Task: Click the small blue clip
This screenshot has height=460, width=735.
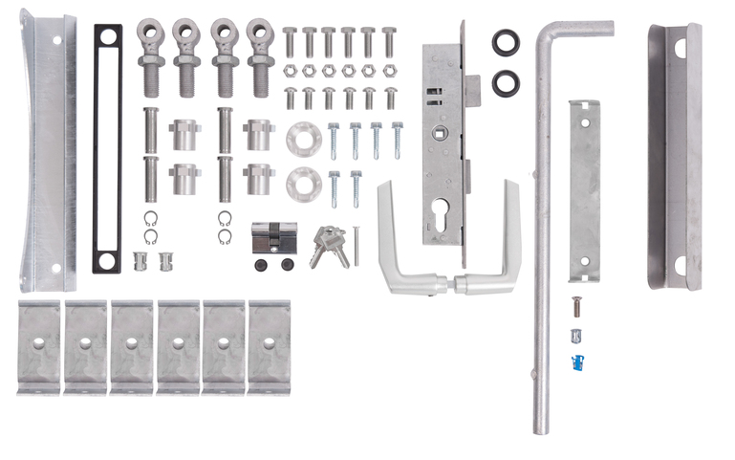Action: [x=576, y=361]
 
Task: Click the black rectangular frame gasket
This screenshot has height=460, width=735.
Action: [x=108, y=148]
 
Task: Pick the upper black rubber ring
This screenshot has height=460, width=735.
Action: [x=505, y=42]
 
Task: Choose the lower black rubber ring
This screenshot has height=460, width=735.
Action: [x=505, y=82]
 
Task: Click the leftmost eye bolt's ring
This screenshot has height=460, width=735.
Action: [x=152, y=33]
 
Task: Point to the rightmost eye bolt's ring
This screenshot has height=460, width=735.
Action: [x=258, y=33]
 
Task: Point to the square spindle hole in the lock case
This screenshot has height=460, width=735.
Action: [x=443, y=133]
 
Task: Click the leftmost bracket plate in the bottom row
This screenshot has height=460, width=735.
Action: [x=39, y=346]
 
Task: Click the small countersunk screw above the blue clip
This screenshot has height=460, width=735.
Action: [x=575, y=307]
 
